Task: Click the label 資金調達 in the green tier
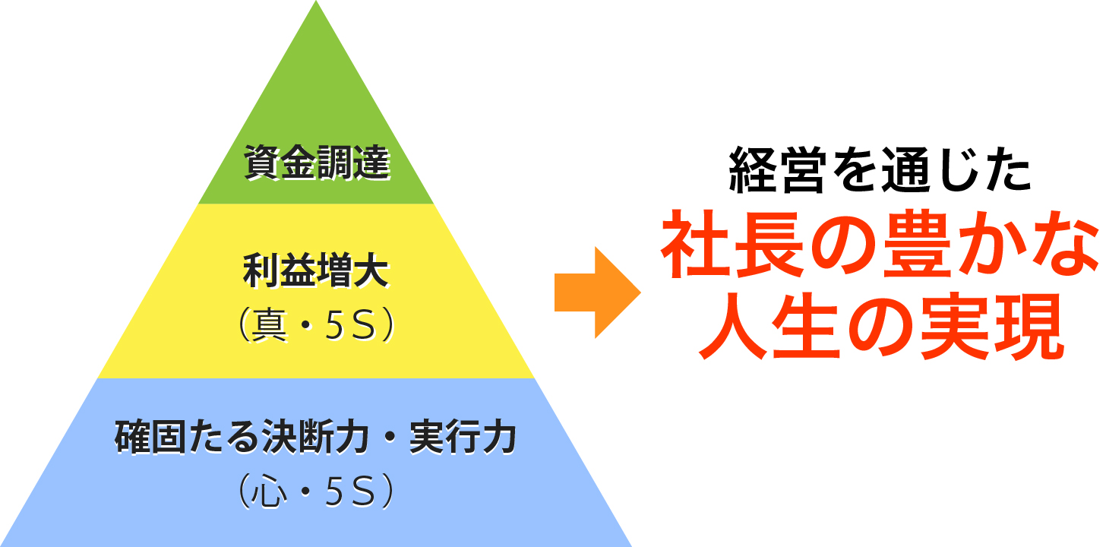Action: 317,162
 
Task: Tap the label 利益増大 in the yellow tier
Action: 316,270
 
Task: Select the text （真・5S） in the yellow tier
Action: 316,325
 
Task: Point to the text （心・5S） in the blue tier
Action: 316,491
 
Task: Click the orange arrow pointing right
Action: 597,292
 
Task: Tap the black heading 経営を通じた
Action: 880,169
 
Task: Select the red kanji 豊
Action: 918,245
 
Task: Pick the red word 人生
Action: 769,326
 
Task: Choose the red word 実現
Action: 991,326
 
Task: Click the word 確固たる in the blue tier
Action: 188,436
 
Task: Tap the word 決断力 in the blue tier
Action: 316,436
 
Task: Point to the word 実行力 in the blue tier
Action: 463,436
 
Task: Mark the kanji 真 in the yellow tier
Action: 269,325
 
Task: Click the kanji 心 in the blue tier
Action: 269,491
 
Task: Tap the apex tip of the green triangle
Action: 316,1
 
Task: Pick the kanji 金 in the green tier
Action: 299,162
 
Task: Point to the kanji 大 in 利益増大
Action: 371,270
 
